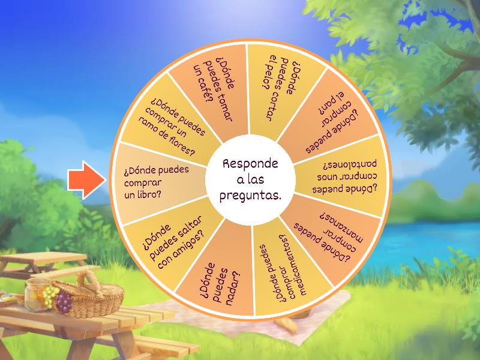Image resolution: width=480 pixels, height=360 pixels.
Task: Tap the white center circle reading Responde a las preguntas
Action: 250,179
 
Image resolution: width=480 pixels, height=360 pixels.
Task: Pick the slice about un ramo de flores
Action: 170,122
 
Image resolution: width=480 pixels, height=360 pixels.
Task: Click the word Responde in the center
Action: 250,164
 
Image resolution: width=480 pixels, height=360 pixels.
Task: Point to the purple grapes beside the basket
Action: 64,302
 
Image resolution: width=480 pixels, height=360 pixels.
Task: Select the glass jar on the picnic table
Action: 36,295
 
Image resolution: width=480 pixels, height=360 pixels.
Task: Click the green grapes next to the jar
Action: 50,295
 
